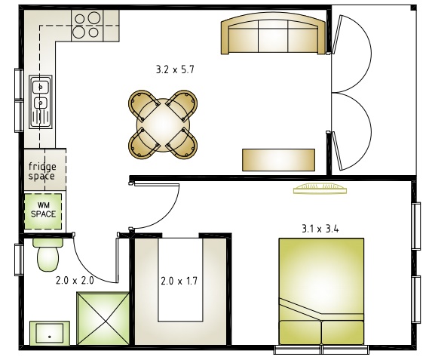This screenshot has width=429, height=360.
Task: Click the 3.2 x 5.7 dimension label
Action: click(x=175, y=69)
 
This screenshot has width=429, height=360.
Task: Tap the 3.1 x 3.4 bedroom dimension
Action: click(x=320, y=229)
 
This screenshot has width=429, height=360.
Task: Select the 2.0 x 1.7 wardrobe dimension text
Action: click(x=179, y=281)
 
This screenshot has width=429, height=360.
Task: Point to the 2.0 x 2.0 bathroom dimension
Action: click(x=75, y=281)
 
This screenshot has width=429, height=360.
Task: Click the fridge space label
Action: click(x=42, y=171)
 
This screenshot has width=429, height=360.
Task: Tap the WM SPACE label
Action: click(x=43, y=210)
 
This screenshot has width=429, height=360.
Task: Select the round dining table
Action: click(x=163, y=125)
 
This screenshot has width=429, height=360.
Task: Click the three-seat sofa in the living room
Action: click(x=273, y=33)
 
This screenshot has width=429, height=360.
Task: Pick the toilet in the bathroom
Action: click(x=48, y=255)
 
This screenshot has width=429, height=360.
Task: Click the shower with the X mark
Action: click(x=103, y=318)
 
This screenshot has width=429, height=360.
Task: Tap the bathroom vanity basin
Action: click(x=50, y=333)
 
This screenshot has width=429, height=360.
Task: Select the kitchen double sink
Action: click(x=41, y=102)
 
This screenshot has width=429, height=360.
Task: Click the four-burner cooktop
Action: click(x=87, y=26)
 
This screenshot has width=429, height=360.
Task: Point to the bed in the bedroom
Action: click(x=321, y=291)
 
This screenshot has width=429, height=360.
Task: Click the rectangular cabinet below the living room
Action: click(x=278, y=160)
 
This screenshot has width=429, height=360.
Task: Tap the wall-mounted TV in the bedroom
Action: click(x=320, y=189)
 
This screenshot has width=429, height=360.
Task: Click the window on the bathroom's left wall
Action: click(x=19, y=260)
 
